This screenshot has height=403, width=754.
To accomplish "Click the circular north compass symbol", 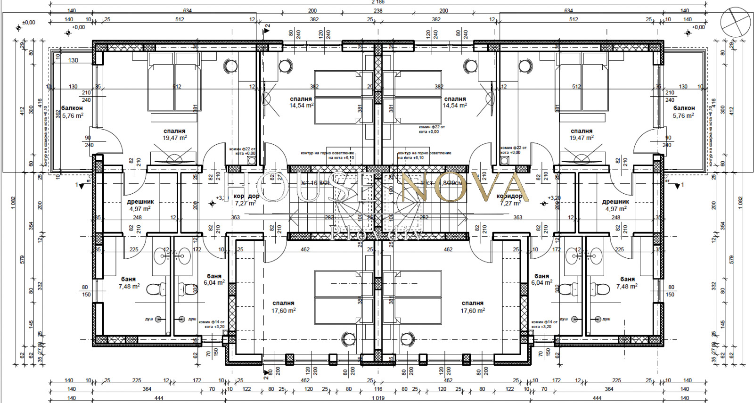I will click(x=735, y=22).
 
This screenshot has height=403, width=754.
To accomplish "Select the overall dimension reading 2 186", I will click(x=378, y=2).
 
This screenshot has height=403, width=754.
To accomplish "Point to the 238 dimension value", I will click(x=378, y=11).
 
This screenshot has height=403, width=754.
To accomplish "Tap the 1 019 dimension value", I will click(x=378, y=398).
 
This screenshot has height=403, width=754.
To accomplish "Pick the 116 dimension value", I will click(x=378, y=389).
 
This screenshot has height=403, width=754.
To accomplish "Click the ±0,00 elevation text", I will click(x=29, y=22).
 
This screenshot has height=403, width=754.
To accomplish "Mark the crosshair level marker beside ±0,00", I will click(x=19, y=28).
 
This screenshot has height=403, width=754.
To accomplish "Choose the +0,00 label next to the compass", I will click(x=698, y=27).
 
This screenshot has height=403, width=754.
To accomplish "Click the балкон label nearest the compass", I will click(x=683, y=108).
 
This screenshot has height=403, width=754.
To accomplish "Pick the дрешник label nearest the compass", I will click(x=615, y=202).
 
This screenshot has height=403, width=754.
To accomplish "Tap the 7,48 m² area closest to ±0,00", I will click(x=129, y=287).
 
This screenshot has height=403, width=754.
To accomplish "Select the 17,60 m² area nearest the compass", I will click(x=473, y=311).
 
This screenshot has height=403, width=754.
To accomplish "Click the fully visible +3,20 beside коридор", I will click(x=554, y=198).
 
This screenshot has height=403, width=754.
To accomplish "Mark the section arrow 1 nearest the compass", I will click(x=678, y=186).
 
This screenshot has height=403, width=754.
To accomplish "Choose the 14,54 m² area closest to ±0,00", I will click(x=301, y=106).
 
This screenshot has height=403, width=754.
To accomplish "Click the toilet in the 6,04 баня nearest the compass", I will click(x=566, y=288).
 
